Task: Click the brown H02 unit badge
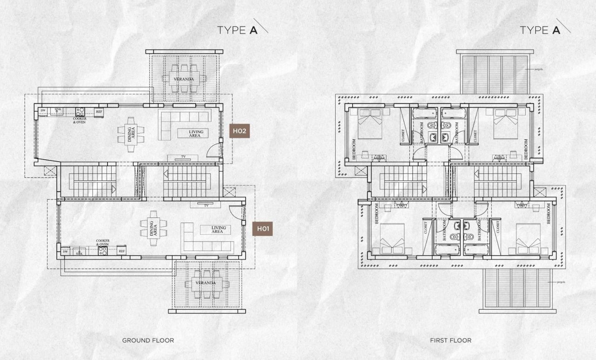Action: [x=240, y=131]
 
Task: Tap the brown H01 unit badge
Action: [x=262, y=229]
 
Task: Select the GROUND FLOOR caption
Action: [x=148, y=340]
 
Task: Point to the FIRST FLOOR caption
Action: [x=451, y=340]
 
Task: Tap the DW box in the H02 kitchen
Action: [x=43, y=111]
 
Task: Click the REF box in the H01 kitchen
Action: [x=122, y=251]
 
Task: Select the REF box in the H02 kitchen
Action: [x=99, y=112]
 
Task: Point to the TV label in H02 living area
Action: [x=183, y=156]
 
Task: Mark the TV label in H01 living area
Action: [x=206, y=205]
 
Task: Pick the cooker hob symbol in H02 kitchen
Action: [x=80, y=111]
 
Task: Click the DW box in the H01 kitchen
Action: [x=65, y=251]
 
